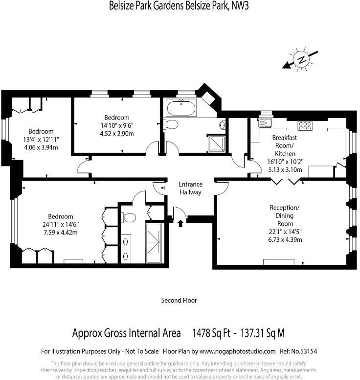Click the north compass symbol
(301, 60)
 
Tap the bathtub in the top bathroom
(181, 108)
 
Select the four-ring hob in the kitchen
(305, 125)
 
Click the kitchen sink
(265, 123)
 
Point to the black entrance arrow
(180, 223)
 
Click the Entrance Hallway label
(191, 189)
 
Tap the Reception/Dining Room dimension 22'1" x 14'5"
(285, 232)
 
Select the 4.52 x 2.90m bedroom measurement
(117, 134)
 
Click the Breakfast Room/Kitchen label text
(285, 145)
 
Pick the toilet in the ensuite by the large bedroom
(129, 217)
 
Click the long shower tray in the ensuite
(154, 243)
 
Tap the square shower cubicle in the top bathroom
(216, 144)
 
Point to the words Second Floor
(179, 301)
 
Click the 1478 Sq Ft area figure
(211, 333)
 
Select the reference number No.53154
(304, 351)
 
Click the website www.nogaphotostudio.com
(238, 351)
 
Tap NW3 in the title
(240, 5)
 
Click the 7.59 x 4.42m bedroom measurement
(61, 233)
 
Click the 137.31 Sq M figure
(262, 333)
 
